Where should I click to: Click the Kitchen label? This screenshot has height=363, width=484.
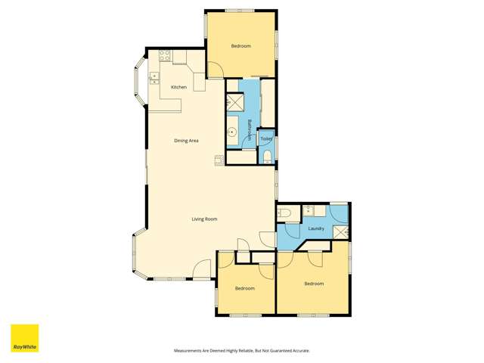coord(179,88)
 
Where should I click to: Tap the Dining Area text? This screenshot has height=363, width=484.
coord(186,141)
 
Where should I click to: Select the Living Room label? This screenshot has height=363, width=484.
coord(204,219)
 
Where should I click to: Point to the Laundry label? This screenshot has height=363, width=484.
coord(317,228)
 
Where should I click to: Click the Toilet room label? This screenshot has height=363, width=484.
coord(265,140)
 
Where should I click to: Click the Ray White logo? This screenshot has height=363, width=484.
coord(24,338)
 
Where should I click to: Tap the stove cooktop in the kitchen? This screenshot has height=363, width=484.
coord(165,55)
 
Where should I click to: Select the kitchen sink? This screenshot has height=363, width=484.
coord(154,76)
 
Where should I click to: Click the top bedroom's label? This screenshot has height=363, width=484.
coord(241,47)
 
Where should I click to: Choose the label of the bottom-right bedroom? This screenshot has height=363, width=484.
coord(314,284)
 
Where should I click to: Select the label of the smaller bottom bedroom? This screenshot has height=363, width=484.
coord(244,288)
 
